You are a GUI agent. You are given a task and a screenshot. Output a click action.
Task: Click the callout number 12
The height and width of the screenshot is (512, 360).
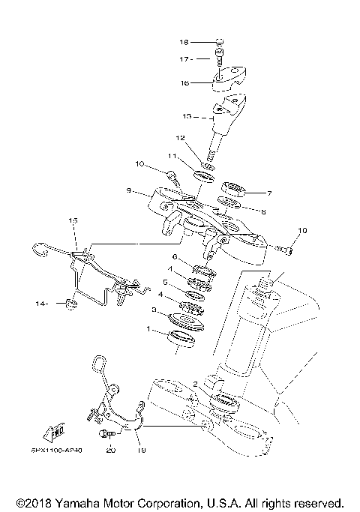(x=180, y=138)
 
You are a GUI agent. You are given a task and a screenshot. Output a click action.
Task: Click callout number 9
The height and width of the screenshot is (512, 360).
(x=129, y=191)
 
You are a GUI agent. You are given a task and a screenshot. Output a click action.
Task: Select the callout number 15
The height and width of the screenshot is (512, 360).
(x=73, y=221)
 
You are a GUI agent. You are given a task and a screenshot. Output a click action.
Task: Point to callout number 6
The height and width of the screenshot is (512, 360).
(x=175, y=257)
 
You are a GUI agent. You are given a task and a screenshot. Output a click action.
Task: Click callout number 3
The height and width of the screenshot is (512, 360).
(x=154, y=309)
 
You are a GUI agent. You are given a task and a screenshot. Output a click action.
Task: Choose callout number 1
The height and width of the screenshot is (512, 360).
(x=148, y=330)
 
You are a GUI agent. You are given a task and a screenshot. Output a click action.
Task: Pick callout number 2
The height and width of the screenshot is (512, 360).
(x=195, y=384)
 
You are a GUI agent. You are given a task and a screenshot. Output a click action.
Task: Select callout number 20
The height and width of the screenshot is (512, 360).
(x=111, y=451)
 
